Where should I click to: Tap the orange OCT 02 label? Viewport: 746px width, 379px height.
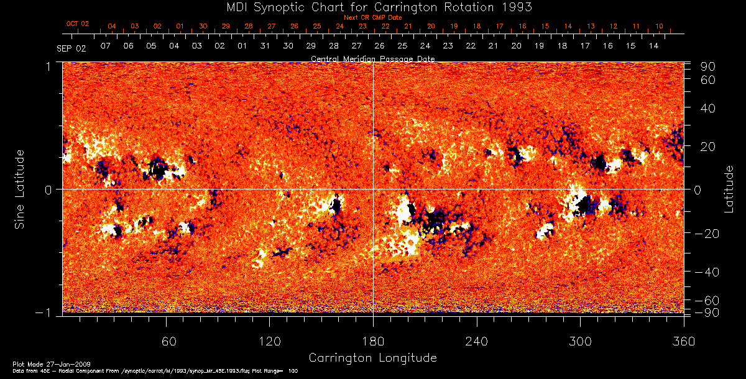click(x=78, y=24)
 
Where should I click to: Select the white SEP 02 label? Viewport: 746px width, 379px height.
click(x=71, y=47)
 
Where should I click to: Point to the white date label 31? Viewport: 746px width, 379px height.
click(x=265, y=47)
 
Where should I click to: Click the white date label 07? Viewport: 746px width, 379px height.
click(x=106, y=47)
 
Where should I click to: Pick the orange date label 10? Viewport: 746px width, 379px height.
click(x=659, y=26)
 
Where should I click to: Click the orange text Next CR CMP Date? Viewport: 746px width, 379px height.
click(x=373, y=17)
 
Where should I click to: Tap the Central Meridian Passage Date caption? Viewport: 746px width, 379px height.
click(x=372, y=59)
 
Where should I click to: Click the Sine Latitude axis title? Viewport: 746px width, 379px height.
click(x=19, y=188)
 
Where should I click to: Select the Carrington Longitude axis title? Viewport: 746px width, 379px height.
click(x=372, y=358)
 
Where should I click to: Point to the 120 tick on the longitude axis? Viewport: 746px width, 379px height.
click(x=270, y=341)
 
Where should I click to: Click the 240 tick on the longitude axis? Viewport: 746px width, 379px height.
click(x=477, y=341)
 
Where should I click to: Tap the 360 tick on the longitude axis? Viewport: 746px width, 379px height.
click(x=684, y=341)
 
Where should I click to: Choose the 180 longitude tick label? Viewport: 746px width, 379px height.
click(x=373, y=341)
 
